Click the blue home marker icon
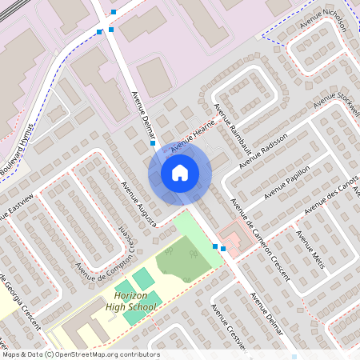coord(180,173)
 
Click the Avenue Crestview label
coord(228,329)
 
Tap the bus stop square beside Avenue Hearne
coord(153,144)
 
